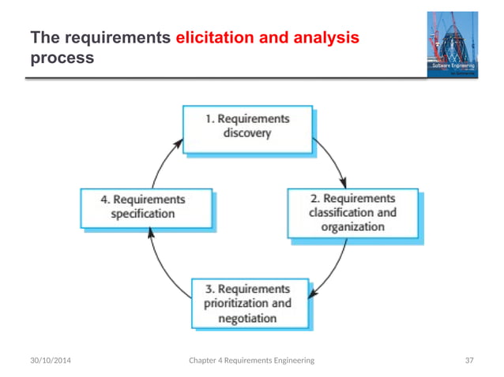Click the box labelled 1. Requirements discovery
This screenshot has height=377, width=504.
248,127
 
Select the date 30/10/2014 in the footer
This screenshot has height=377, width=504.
46,360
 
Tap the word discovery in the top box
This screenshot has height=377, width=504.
246,133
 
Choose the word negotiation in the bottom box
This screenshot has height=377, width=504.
247,319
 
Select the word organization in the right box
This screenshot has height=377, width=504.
352,227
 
